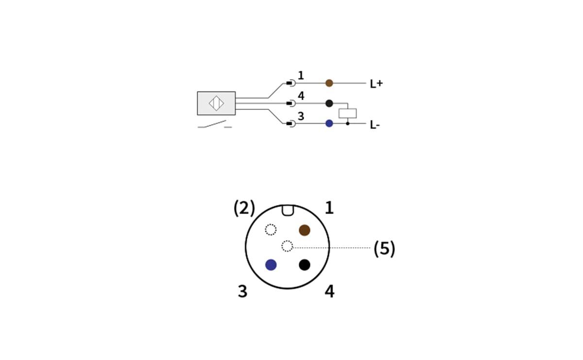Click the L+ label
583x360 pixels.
tap(376, 84)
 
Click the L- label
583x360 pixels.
tap(375, 125)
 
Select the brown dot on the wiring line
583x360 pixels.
tap(329, 83)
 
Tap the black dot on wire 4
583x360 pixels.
tap(329, 103)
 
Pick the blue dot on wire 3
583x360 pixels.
tap(329, 123)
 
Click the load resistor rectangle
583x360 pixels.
tap(347, 113)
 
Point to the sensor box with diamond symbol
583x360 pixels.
tap(216, 103)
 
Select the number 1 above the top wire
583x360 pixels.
tap(301, 76)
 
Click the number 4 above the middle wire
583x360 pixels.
tap(301, 96)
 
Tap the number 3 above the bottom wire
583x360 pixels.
tap(301, 117)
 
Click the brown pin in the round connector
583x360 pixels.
tap(305, 230)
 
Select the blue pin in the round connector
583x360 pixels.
tap(271, 265)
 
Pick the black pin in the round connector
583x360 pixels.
tap(305, 265)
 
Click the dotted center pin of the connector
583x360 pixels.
tap(287, 246)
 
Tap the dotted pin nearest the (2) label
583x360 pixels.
tap(271, 229)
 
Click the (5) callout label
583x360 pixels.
tap(384, 249)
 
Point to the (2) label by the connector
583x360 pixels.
tap(244, 208)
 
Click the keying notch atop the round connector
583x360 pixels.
tap(287, 210)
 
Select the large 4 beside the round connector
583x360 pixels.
tap(329, 291)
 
